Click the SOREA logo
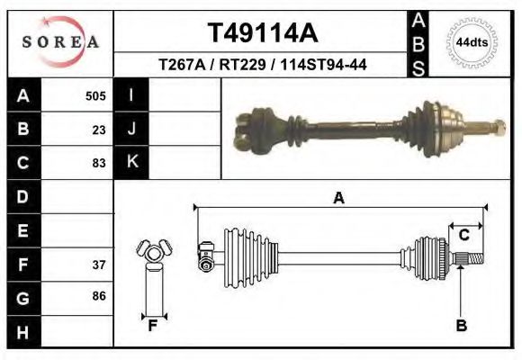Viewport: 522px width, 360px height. tap(59, 41)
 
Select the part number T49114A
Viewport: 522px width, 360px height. tap(263, 34)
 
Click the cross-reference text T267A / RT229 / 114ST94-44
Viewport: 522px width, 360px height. tap(263, 65)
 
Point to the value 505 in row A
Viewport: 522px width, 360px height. tap(95, 95)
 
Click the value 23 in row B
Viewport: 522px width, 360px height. tap(99, 129)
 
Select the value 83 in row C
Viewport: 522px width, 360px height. tap(99, 163)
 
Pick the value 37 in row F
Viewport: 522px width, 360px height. tap(99, 265)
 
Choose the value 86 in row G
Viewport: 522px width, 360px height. tap(99, 296)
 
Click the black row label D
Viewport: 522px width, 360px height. tap(23, 196)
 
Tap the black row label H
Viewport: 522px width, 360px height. tap(23, 331)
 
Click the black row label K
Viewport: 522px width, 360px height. tap(132, 162)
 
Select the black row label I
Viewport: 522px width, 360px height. tap(132, 94)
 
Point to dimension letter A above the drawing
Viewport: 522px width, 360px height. tap(339, 198)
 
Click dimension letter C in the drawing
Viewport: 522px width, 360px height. tap(464, 235)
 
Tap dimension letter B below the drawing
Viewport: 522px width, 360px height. tap(461, 326)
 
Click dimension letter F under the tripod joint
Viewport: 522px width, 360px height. tap(153, 325)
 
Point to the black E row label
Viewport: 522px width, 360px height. tap(23, 230)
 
